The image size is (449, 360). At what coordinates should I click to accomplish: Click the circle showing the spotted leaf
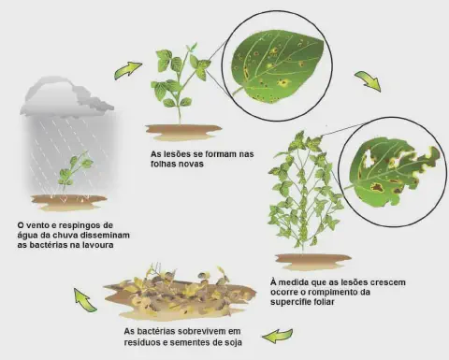point(270,65)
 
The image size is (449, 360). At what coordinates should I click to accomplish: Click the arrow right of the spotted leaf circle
point(367,81)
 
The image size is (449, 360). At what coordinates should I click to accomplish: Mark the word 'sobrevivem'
point(209,331)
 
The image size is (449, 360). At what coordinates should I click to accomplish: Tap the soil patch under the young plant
point(183,131)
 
